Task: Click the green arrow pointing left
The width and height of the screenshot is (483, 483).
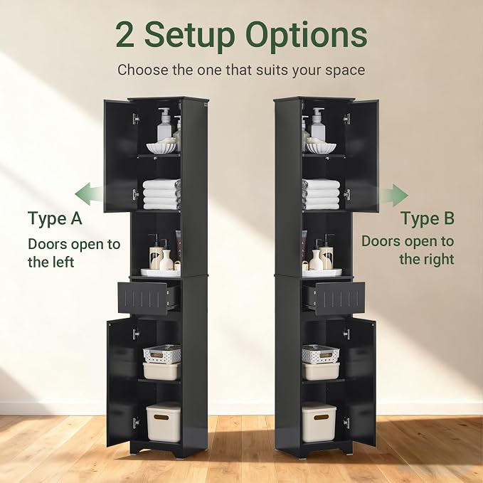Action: pos(88,194)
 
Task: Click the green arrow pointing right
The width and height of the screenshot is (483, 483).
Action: pos(394,196)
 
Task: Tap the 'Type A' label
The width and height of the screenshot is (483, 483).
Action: pos(55,219)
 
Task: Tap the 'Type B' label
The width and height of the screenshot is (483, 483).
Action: pos(428,218)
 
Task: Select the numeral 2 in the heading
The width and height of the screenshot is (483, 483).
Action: pos(125,35)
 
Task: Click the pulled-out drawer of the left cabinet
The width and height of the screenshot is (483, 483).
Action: pos(147,298)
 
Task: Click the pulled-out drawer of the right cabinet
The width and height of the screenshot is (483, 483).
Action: pos(334,298)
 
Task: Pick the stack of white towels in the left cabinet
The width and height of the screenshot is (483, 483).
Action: pos(161,194)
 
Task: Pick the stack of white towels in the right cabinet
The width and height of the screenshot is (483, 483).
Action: pos(321,194)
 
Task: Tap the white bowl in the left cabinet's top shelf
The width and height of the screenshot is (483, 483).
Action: pos(161,147)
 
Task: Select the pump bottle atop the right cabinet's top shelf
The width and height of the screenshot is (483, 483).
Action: pos(317,124)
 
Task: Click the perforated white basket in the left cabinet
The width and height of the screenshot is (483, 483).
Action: pos(162,354)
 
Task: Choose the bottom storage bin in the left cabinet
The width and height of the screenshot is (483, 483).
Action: pos(164,422)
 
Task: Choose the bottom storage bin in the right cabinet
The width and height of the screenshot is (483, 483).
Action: pos(319,422)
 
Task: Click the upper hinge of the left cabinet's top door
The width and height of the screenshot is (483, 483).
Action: pos(136,119)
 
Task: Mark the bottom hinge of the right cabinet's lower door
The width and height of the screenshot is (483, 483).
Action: pos(347,423)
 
